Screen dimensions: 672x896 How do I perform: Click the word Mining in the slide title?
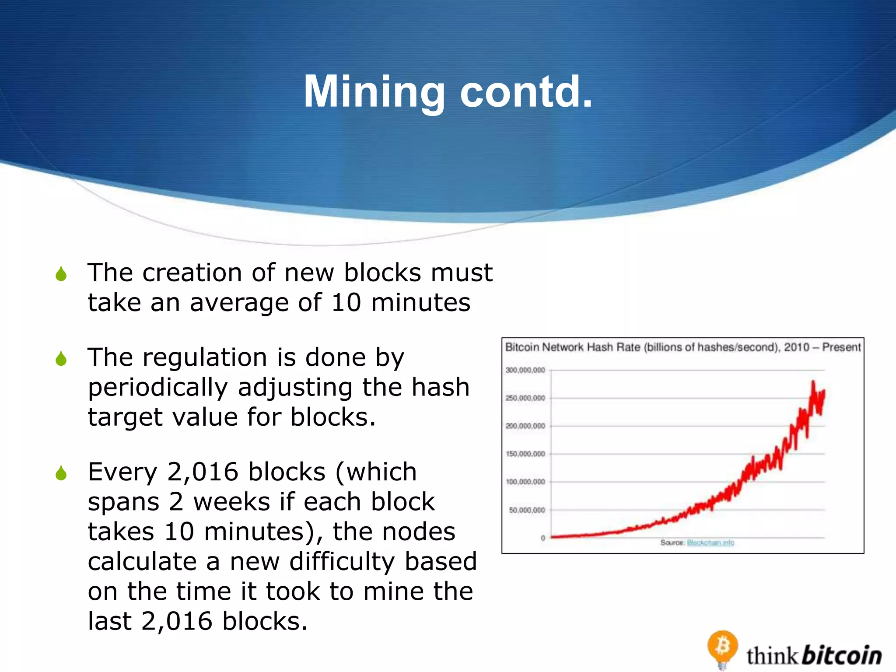coord(374,92)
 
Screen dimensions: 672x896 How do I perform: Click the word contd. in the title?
coord(526,92)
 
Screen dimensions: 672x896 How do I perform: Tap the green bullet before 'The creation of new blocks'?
coord(61,274)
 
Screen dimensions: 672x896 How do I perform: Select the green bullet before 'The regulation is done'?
coord(61,359)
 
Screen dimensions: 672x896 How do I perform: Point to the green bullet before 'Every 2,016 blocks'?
coord(61,473)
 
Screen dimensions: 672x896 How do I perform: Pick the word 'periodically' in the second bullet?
coord(158,388)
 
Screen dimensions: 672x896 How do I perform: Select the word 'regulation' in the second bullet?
coord(205,358)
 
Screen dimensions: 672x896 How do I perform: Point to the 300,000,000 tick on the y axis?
coord(525,370)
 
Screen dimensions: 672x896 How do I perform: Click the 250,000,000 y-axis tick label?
coord(525,398)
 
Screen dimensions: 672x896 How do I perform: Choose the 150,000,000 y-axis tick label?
coord(525,454)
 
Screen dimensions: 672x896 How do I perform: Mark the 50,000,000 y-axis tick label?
coord(527,510)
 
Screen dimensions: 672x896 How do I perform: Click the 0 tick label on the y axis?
coord(543,538)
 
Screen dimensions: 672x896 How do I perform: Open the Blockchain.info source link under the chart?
coord(710,543)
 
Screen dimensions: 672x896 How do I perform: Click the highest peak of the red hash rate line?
coord(813,382)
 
